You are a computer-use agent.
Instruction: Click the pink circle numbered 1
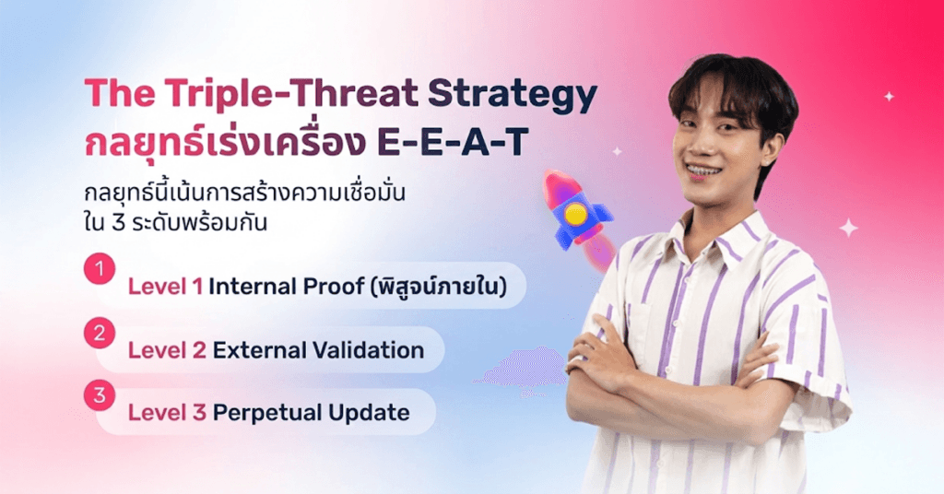coord(100,268)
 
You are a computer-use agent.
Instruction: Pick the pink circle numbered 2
coord(100,334)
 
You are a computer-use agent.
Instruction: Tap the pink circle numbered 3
coord(100,395)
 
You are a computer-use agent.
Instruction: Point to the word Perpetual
coord(266,414)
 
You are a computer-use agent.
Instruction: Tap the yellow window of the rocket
coord(575,214)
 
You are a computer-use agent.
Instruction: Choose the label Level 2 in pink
coord(167,350)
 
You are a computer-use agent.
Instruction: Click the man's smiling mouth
coord(702,172)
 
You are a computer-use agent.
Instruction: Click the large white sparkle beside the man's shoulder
coord(849,228)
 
